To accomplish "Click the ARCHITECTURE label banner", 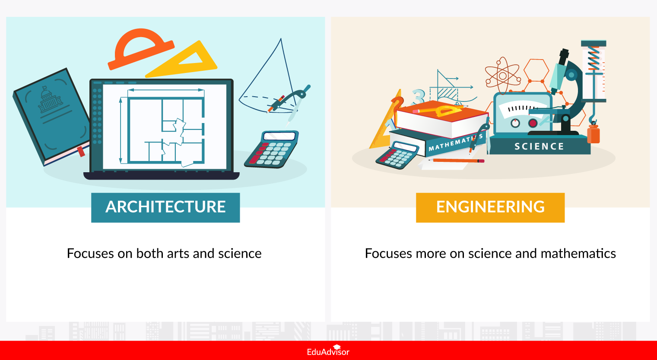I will (x=165, y=207).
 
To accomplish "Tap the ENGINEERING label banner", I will (x=490, y=207).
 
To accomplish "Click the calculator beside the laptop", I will (x=272, y=149).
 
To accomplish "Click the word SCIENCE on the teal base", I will (x=539, y=147).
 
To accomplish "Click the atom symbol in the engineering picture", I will (x=502, y=76).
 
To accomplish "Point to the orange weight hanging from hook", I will (x=594, y=134).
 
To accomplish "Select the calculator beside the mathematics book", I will (x=397, y=155).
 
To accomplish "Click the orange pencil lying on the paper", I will (x=458, y=161).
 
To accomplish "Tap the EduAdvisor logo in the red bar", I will (x=328, y=351).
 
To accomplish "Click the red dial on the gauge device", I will (x=533, y=123).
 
